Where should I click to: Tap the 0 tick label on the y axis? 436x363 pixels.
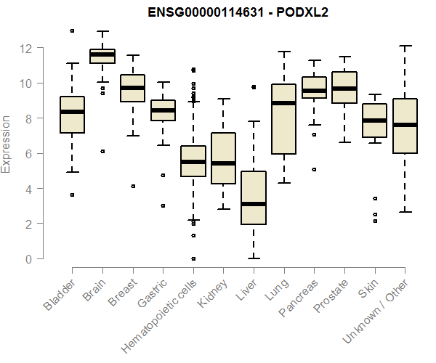pos(29,259)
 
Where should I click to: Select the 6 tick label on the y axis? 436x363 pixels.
pos(29,154)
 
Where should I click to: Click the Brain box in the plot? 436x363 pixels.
pos(102,56)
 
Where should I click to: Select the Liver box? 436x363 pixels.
pos(254,197)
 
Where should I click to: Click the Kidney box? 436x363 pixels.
pos(223,158)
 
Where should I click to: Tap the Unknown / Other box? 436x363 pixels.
pos(405,126)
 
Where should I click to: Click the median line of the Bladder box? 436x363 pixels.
pos(72,112)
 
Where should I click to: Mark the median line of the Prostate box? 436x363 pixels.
pos(344,89)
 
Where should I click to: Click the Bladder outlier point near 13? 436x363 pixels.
pos(72,31)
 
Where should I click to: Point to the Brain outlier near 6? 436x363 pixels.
pos(102,151)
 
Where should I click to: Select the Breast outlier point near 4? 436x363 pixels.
pos(132,187)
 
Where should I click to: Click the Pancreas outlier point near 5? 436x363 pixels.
pos(314,170)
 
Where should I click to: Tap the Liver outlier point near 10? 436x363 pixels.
pos(254,87)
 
